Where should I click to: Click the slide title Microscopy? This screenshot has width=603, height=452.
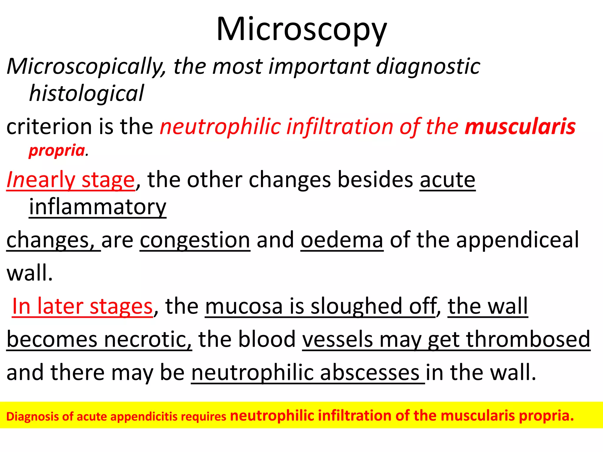coord(301,29)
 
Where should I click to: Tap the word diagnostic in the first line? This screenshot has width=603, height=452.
coord(428,67)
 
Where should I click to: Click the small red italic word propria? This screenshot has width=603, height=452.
coord(57,151)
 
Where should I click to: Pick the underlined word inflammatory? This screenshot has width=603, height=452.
coord(97,207)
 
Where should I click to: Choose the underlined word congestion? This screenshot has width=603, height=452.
coord(195,240)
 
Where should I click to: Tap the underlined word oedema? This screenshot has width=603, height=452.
coord(342,240)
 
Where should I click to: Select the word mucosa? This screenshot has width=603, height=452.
coord(244,306)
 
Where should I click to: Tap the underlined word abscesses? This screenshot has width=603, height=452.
coord(370,373)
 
